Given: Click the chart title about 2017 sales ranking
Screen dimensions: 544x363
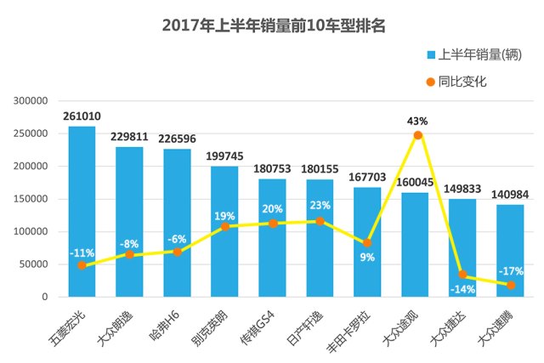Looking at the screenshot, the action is click(x=274, y=26).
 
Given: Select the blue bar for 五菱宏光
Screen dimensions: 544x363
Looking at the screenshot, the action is click(x=82, y=212).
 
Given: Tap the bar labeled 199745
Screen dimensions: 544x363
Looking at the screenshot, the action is click(x=224, y=231).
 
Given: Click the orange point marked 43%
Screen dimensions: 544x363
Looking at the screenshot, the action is click(x=418, y=135).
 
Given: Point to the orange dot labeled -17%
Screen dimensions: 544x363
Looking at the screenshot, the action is click(x=511, y=286).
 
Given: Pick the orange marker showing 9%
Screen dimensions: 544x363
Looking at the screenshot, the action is click(x=367, y=243).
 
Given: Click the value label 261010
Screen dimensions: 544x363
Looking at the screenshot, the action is click(x=82, y=116).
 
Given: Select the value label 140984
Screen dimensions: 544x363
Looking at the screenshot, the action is click(x=510, y=195).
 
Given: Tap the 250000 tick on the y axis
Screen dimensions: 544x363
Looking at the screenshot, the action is click(x=31, y=133).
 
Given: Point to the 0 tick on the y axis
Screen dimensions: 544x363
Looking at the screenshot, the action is click(x=45, y=297).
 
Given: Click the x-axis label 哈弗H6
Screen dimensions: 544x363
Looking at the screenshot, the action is click(x=164, y=326).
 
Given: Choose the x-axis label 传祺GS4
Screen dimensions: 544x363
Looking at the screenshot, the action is click(x=258, y=328).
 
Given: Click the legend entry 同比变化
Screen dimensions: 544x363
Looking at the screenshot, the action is click(x=456, y=82).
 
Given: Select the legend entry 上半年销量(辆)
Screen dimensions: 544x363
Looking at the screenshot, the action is click(x=474, y=54).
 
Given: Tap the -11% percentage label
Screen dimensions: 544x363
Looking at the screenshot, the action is click(x=82, y=253).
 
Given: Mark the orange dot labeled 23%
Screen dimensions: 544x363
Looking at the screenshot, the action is click(x=320, y=221).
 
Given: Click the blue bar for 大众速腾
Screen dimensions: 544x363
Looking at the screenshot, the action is click(x=510, y=251).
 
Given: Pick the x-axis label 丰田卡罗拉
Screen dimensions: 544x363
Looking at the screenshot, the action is click(x=348, y=332).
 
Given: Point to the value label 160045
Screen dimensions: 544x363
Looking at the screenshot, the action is click(x=415, y=183).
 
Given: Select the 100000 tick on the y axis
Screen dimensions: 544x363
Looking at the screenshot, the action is click(x=31, y=231).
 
